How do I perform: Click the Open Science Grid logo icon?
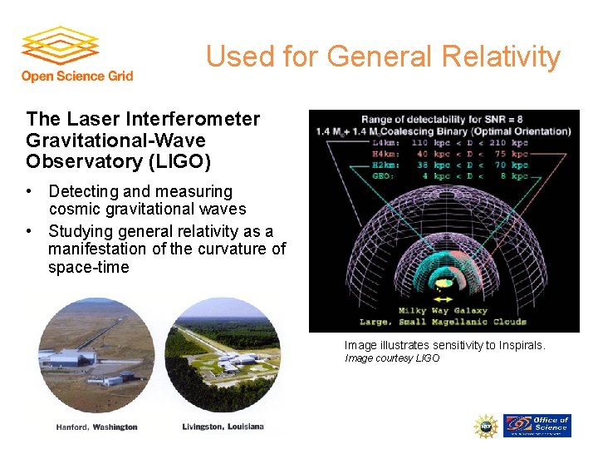(x=60, y=47)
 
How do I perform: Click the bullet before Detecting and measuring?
(x=30, y=192)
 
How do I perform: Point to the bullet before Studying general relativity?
(x=30, y=231)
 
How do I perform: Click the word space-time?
(x=89, y=268)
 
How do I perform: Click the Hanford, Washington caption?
(x=97, y=427)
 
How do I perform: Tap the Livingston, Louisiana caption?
(x=223, y=427)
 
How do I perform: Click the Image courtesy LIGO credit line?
(x=392, y=358)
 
